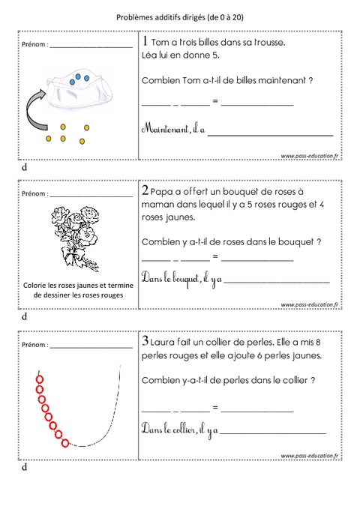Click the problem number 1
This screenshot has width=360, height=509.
coord(145,41)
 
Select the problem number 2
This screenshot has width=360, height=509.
coord(145,192)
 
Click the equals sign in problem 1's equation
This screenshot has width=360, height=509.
coord(214,100)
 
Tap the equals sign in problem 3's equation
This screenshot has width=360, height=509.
coord(214,407)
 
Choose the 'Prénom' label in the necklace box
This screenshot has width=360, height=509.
coord(34,346)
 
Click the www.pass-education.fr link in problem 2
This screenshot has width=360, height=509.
coord(310,305)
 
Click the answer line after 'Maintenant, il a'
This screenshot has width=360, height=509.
coord(270,134)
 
